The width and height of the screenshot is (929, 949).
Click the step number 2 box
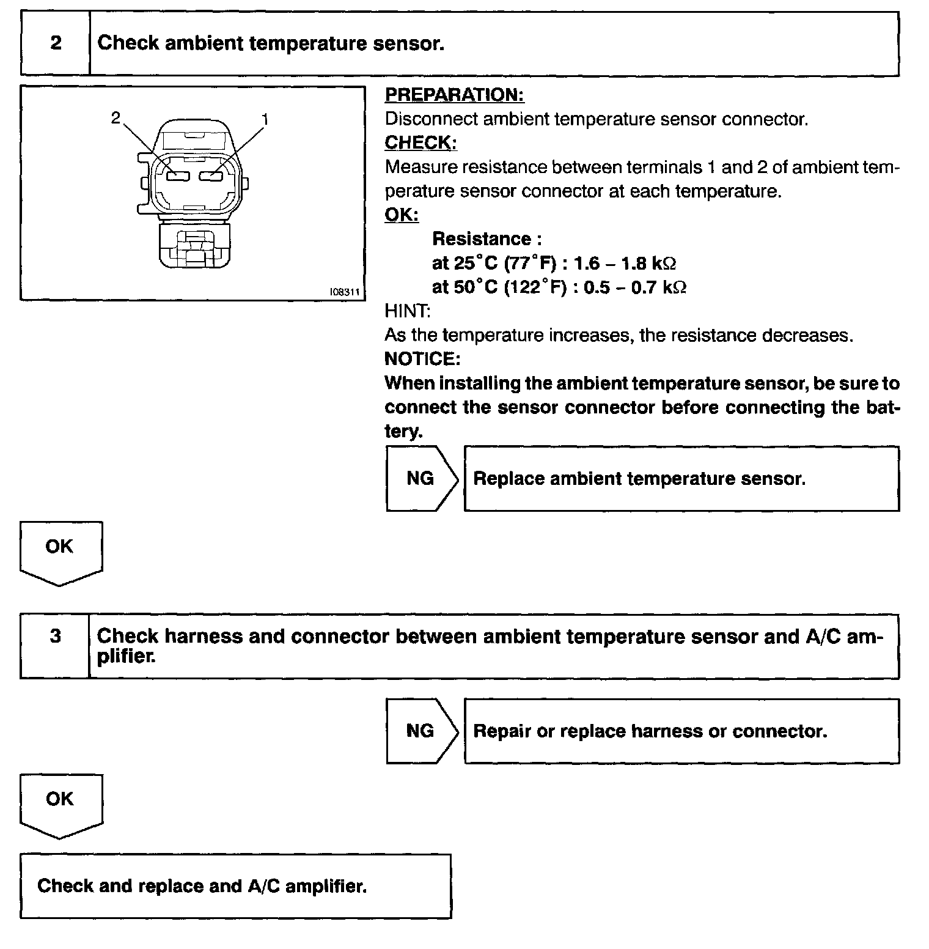click(x=56, y=44)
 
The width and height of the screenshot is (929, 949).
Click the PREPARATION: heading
click(x=454, y=95)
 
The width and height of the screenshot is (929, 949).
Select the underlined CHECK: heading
click(x=420, y=142)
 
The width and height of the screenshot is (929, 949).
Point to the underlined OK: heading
click(x=402, y=215)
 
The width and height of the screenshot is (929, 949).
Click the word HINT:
click(x=407, y=311)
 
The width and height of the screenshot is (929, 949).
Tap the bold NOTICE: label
click(x=422, y=359)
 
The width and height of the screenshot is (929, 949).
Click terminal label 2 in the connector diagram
click(x=116, y=118)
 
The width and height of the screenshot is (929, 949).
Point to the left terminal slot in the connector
click(x=179, y=177)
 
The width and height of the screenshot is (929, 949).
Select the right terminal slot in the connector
click(x=211, y=177)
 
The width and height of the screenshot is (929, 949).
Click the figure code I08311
click(x=344, y=292)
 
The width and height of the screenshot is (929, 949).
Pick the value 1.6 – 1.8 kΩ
click(x=625, y=264)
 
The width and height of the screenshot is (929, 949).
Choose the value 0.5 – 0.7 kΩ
click(x=634, y=287)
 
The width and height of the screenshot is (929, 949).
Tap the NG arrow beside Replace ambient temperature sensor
click(x=420, y=478)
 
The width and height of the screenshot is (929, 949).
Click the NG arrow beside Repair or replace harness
click(x=420, y=731)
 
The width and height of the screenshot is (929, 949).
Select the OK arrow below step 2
click(x=60, y=548)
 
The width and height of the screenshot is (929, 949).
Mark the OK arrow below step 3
click(x=60, y=801)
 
